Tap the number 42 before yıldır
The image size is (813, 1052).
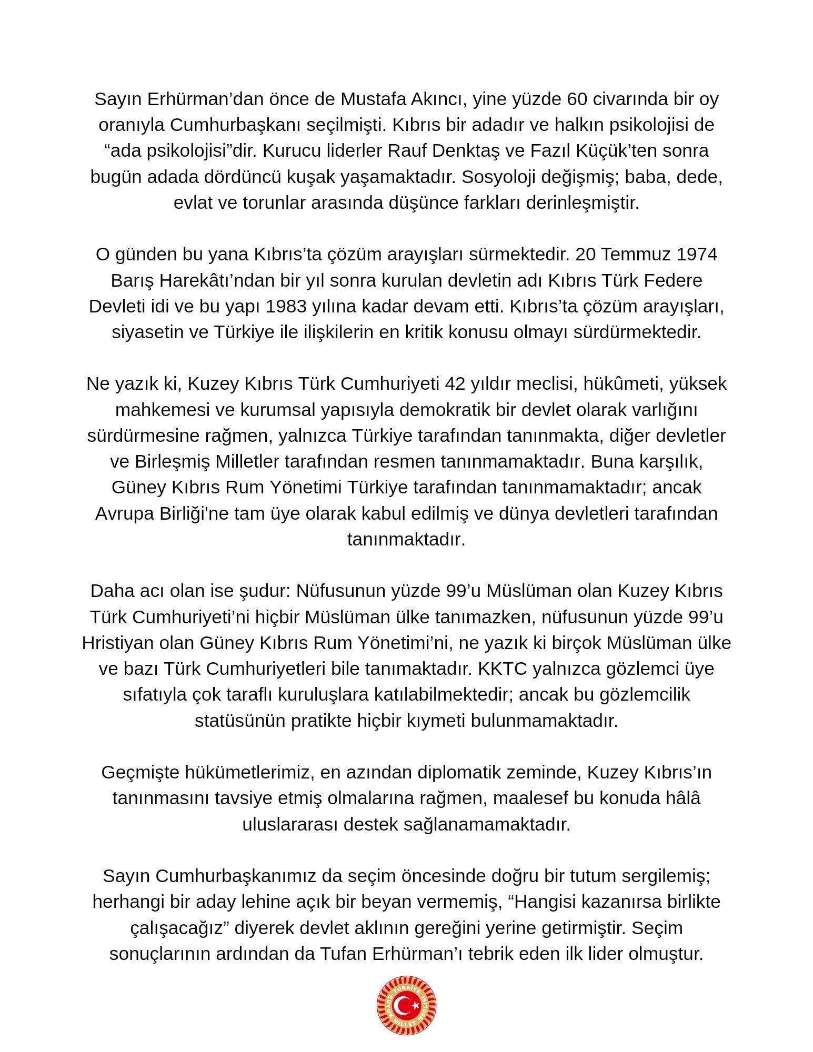[455, 383]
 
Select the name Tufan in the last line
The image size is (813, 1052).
[342, 954]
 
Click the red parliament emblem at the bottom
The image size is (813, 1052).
[406, 1006]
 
